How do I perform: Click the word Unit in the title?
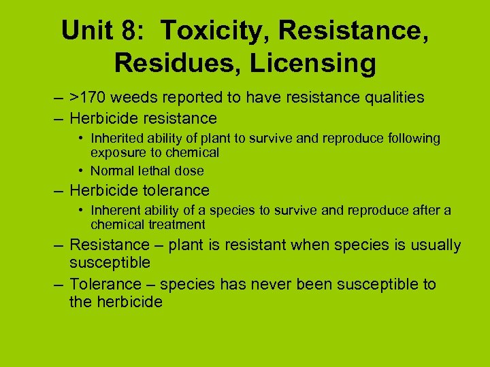click(86, 31)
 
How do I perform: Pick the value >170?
click(89, 98)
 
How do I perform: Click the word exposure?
click(116, 152)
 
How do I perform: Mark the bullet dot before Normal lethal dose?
click(81, 171)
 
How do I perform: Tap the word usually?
click(435, 245)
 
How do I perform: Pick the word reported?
click(195, 98)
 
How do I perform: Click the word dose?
click(190, 171)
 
